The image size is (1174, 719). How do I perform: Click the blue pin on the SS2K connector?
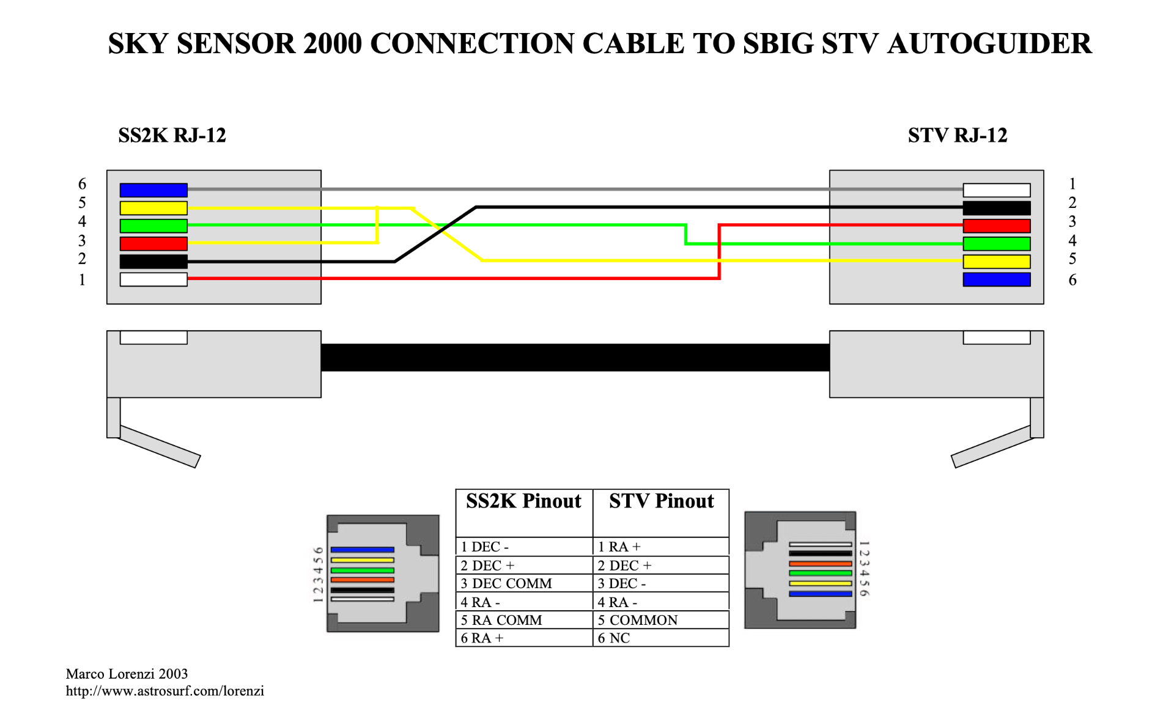(153, 190)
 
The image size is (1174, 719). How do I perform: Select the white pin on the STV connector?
(997, 190)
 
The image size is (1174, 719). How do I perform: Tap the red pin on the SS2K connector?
(153, 244)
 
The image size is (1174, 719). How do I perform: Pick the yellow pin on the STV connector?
(997, 262)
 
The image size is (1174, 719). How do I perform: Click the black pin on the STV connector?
(997, 208)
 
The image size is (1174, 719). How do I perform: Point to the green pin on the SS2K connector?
(153, 226)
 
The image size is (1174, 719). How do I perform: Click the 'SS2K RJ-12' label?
(172, 135)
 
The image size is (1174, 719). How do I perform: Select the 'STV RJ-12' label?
(958, 135)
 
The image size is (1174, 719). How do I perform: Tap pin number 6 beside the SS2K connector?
(82, 184)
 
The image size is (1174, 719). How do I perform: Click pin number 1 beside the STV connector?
(1072, 184)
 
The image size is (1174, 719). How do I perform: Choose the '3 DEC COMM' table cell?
(524, 583)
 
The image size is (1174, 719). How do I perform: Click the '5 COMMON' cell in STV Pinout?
(661, 620)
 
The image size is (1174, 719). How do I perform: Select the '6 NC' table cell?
(661, 638)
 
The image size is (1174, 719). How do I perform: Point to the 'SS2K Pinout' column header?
(523, 501)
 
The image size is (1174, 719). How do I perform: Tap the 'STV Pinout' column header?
(662, 501)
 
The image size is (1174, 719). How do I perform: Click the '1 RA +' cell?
(661, 547)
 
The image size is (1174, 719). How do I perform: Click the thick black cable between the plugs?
(575, 358)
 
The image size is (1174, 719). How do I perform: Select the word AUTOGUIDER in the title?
(989, 44)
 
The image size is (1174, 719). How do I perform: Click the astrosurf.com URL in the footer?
(165, 691)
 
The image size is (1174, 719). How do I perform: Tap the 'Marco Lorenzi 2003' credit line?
(127, 674)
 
